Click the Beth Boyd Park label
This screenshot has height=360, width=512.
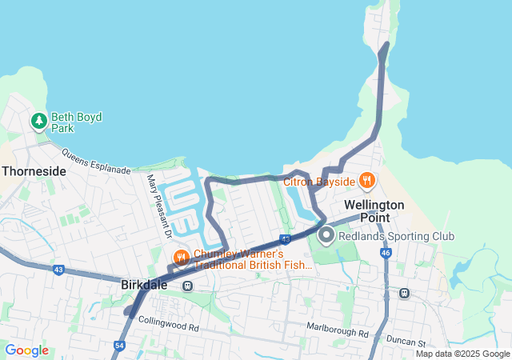click(x=77, y=122)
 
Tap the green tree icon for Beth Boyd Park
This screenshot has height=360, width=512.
click(x=38, y=122)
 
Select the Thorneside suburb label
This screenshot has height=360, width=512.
click(x=34, y=170)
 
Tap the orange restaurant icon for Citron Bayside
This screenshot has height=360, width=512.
click(x=367, y=180)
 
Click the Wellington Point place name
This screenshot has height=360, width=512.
click(x=374, y=211)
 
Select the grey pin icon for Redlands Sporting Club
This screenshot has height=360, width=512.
click(x=326, y=236)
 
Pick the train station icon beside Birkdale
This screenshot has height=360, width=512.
click(x=187, y=286)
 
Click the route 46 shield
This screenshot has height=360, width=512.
click(x=386, y=253)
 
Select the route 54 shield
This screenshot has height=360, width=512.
click(x=119, y=345)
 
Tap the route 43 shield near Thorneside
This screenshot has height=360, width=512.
click(x=58, y=270)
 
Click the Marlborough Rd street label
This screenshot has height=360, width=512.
click(x=338, y=329)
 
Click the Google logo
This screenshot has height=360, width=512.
click(x=27, y=350)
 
